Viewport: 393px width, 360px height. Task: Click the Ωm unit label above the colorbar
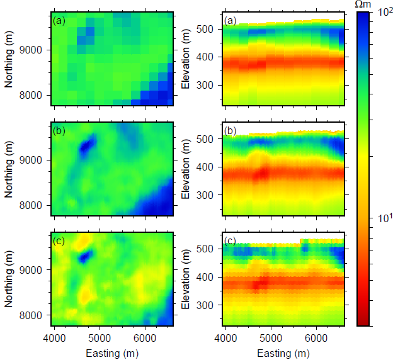pyautogui.click(x=364, y=5)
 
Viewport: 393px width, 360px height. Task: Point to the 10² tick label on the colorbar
pyautogui.click(x=382, y=15)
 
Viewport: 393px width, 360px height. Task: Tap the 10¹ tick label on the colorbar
pyautogui.click(x=382, y=218)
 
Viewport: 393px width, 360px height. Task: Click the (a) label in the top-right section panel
pyautogui.click(x=231, y=23)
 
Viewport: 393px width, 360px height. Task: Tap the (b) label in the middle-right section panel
pyautogui.click(x=231, y=133)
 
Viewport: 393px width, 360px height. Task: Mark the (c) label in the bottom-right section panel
pyautogui.click(x=231, y=242)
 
